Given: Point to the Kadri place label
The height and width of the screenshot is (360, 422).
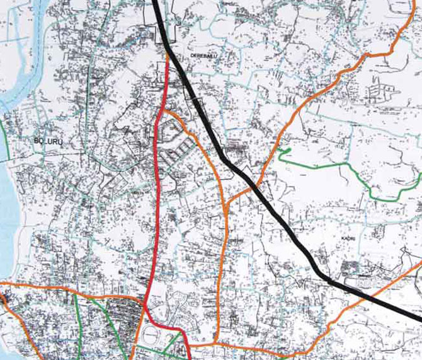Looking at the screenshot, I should coord(348,238).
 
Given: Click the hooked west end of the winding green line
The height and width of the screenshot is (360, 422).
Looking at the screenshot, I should coord(283,152).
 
